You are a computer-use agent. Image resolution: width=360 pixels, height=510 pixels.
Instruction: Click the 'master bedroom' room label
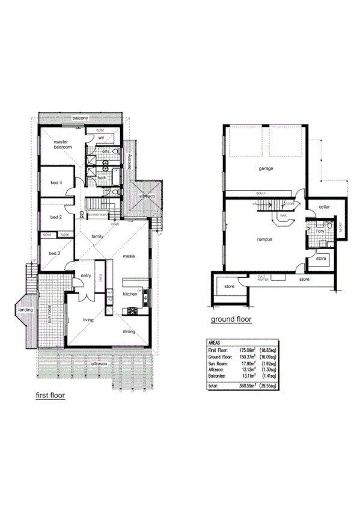[x=63, y=144]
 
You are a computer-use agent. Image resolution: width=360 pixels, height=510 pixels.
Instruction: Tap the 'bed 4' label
[x=56, y=183]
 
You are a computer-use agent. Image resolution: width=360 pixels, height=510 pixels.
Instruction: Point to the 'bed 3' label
[x=55, y=254]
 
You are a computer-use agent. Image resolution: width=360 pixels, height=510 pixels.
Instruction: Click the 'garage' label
[x=266, y=168]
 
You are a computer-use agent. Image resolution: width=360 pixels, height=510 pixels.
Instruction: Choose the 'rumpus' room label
[x=264, y=239]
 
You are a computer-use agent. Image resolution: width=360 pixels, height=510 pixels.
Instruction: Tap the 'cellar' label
[x=325, y=206]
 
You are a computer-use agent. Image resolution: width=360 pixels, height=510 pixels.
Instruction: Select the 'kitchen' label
[x=131, y=294]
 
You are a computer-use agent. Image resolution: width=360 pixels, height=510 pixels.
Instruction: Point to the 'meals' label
[x=129, y=256]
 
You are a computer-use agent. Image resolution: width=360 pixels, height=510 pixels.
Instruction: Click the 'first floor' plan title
[x=50, y=396]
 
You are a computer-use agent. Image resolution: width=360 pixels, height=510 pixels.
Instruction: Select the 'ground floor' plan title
[x=231, y=320]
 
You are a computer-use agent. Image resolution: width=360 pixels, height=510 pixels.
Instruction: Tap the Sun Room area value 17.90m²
[x=248, y=363]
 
